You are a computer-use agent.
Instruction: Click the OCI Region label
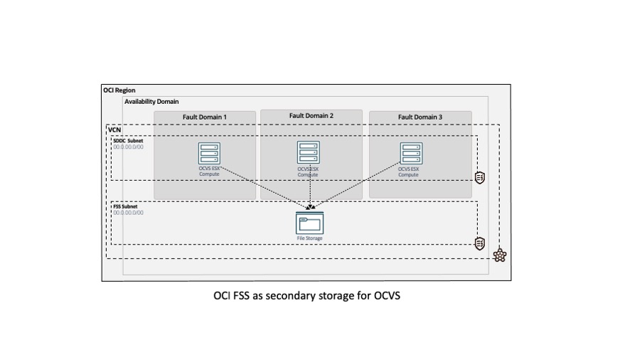click(119, 90)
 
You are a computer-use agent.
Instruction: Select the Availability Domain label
click(151, 102)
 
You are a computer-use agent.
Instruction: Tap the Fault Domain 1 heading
click(204, 117)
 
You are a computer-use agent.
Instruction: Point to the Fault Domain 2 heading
click(311, 115)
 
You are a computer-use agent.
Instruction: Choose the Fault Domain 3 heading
click(420, 117)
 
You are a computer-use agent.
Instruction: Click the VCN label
click(114, 130)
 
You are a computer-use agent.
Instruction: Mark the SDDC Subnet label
click(129, 141)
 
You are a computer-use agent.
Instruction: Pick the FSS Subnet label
click(127, 206)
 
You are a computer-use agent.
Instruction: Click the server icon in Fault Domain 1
click(209, 154)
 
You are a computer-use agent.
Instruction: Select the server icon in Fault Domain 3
click(411, 154)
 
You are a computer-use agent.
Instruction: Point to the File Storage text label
click(309, 238)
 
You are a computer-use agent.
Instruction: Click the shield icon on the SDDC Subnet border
click(480, 178)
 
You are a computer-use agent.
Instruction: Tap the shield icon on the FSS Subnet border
click(480, 243)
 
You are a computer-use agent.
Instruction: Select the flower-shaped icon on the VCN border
click(500, 255)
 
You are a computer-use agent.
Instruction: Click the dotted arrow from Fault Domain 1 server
click(260, 186)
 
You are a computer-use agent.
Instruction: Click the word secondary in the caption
click(286, 295)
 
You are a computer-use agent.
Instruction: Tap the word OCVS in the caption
click(385, 295)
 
